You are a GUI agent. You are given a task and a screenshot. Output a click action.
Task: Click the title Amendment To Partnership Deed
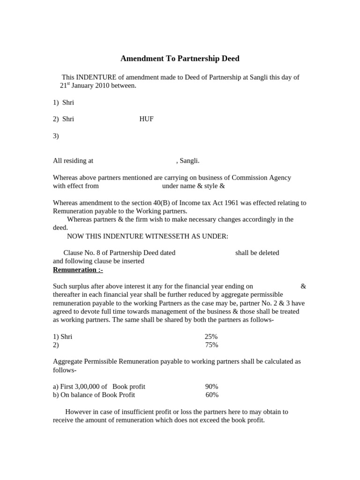pos(180,59)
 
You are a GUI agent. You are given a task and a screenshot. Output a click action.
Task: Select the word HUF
pos(146,119)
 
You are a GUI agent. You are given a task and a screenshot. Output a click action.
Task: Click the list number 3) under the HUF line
pos(56,136)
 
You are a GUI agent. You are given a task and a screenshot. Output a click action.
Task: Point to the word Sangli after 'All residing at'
pos(189,161)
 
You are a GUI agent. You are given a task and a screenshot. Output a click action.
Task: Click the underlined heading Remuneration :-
pos(78,270)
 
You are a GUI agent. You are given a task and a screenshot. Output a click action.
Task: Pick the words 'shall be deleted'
pos(257,253)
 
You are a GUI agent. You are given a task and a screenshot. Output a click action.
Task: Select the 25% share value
pos(211,337)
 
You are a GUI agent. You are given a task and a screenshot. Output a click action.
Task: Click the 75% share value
pos(211,345)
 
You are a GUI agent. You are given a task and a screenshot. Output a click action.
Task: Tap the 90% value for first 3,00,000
pos(211,387)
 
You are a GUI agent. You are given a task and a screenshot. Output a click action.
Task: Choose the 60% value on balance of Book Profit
pos(212,395)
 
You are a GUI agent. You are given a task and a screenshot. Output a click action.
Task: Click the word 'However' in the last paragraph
pos(80,412)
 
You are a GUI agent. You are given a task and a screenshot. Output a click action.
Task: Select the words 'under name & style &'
pos(194,186)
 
